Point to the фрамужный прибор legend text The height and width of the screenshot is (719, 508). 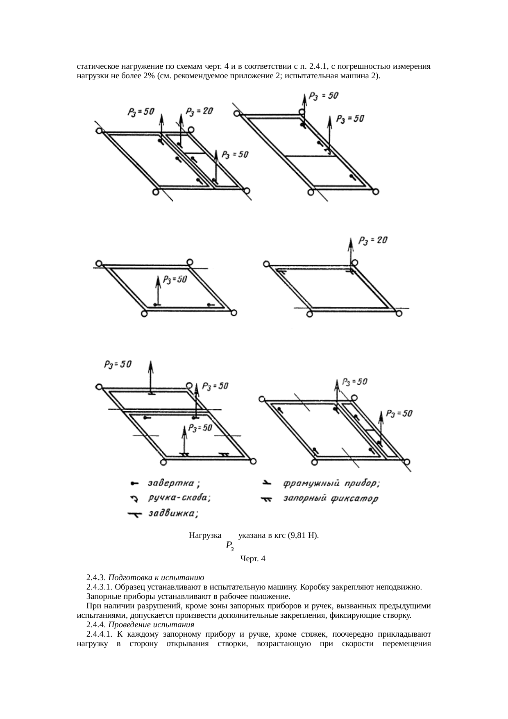point(331,483)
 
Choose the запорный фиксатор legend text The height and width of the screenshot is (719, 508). point(330,499)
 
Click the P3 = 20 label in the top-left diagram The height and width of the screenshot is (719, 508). point(200,111)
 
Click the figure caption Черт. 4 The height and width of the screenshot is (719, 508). point(253,558)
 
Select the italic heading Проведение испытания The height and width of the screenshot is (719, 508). point(154,625)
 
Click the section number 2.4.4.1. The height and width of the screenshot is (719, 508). point(99,634)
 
